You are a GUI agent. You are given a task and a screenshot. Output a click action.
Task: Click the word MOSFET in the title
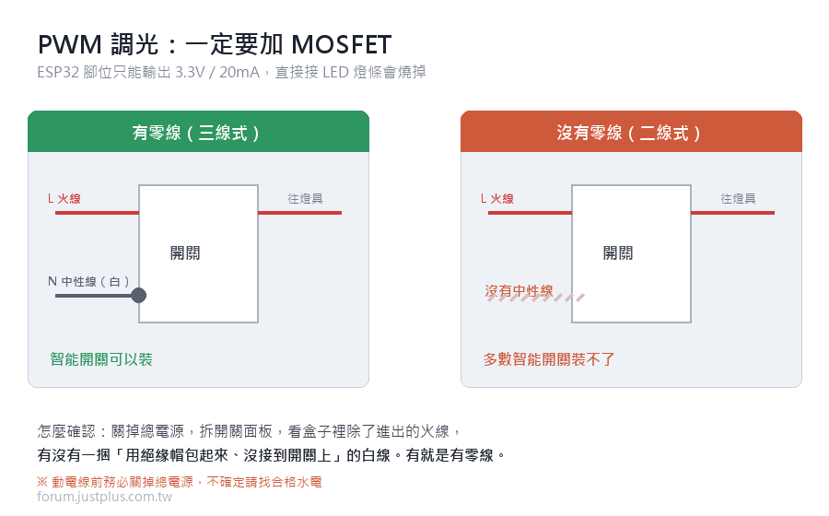[x=341, y=44]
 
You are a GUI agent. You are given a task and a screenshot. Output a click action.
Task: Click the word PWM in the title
[x=69, y=44]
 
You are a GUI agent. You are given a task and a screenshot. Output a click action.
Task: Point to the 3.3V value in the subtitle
[x=190, y=72]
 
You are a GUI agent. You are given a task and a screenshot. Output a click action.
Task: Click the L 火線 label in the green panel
[x=64, y=199]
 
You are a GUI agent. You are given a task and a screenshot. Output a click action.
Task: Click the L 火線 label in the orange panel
[x=497, y=199]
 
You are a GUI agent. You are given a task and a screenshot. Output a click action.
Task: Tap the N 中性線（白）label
[x=88, y=281]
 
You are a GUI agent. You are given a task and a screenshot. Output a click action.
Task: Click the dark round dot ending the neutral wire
[x=138, y=295]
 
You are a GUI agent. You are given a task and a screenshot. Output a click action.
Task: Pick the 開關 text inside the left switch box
[x=185, y=253]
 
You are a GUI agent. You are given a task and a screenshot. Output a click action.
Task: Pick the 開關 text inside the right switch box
[x=618, y=253]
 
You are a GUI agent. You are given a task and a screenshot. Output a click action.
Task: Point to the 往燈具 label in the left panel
[x=305, y=199]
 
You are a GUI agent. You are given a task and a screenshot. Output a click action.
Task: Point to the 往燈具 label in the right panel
[x=738, y=199]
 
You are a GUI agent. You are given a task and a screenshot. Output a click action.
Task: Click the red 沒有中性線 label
[x=519, y=291]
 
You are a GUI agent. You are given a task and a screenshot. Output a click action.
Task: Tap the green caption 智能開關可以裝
[x=101, y=359]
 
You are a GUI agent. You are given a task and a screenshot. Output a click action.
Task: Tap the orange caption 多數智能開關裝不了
[x=549, y=359]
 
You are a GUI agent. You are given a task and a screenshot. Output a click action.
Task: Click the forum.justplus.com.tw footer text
[x=105, y=497]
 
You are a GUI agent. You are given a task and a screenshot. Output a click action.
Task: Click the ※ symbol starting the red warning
[x=42, y=482]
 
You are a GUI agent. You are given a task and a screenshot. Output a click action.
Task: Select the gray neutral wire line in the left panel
[x=94, y=296]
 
